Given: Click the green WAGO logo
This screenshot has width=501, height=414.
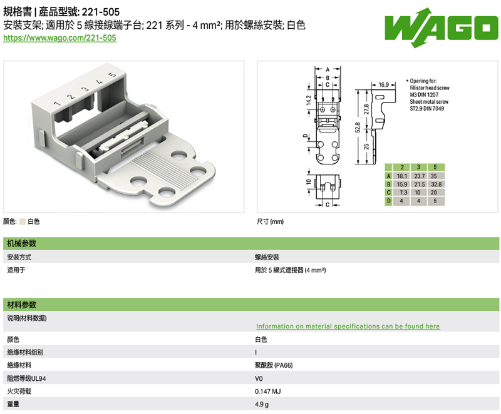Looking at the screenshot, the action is (442, 28).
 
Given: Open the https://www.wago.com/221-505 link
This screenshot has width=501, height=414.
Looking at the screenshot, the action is (59, 38).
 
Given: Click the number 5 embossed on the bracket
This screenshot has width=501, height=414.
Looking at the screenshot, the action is (112, 74).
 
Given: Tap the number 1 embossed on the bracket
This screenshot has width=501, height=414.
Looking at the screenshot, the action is (57, 103).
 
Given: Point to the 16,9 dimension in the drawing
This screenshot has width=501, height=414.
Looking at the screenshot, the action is (383, 85).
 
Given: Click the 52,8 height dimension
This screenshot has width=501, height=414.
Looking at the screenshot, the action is (358, 127).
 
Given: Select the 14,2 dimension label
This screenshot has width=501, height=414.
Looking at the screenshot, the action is (309, 100).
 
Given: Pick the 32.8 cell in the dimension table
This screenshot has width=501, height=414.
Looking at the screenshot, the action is (436, 184).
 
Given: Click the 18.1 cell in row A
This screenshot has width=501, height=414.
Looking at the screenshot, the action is (402, 176).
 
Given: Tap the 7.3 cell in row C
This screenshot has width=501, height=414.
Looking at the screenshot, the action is (403, 193).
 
